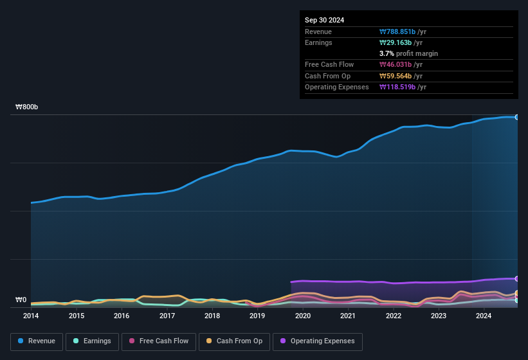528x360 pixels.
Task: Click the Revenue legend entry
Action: click(x=37, y=341)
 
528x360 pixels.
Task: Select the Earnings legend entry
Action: click(x=93, y=341)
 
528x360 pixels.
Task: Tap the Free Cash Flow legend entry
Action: click(x=159, y=341)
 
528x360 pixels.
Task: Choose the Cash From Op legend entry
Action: click(x=233, y=341)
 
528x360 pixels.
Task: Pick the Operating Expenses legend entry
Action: click(x=318, y=341)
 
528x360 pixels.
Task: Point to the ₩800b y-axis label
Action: click(x=27, y=107)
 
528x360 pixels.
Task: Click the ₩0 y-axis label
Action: click(x=21, y=300)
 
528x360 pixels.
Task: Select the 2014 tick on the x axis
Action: click(x=31, y=316)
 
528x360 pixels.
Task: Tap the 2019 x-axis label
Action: click(x=257, y=316)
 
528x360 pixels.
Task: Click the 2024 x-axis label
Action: click(x=484, y=316)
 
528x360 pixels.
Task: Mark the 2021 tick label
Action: click(x=348, y=316)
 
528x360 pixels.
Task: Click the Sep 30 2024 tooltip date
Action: click(x=324, y=20)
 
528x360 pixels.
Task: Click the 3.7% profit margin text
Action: click(x=409, y=53)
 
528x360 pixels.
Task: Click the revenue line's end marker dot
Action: click(x=516, y=117)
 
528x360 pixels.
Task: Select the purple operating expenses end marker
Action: click(x=516, y=278)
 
